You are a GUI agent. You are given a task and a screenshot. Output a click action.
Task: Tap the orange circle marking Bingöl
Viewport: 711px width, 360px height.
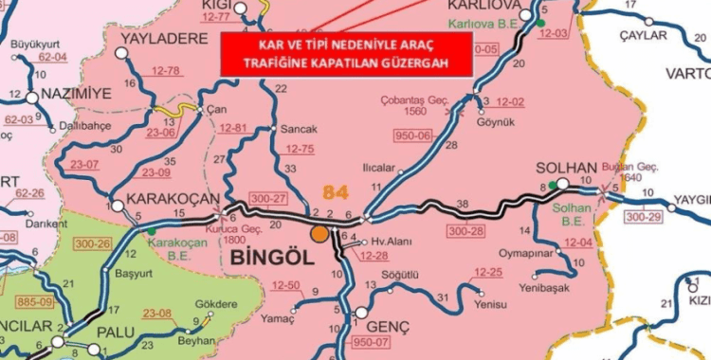click(319, 232)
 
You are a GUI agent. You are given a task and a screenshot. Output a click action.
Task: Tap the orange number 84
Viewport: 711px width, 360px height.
click(336, 192)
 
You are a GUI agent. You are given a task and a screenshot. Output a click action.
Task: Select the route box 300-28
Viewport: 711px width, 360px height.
click(467, 229)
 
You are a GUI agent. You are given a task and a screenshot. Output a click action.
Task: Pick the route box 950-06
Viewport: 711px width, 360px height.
click(413, 135)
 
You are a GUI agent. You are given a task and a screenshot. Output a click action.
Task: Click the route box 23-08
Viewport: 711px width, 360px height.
click(157, 314)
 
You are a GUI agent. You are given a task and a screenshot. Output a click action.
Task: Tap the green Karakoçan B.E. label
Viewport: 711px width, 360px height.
click(172, 248)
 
